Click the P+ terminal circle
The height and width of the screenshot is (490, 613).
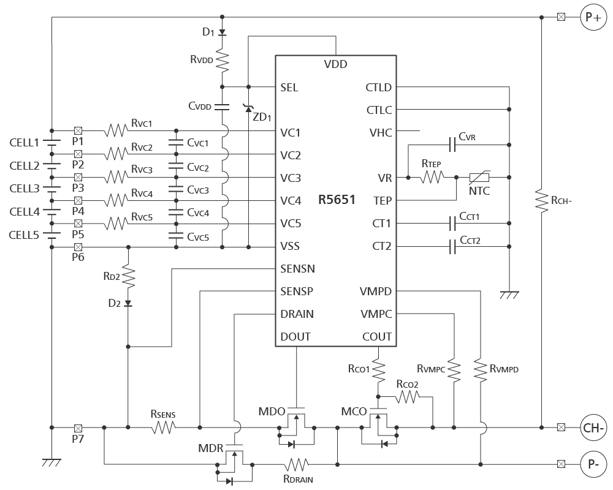(593, 17)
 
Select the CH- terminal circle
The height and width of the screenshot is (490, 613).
(593, 428)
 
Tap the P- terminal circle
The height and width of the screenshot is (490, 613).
(593, 465)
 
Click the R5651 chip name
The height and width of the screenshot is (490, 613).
(337, 200)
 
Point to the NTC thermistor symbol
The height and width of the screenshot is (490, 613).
(479, 178)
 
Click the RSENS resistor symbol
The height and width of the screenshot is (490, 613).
(164, 428)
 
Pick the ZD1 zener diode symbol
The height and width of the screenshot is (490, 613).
(248, 108)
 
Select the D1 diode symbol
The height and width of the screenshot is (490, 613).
(222, 32)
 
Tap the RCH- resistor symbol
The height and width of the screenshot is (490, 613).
(541, 202)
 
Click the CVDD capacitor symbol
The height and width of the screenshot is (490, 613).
(222, 107)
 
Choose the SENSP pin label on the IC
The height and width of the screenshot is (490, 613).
(297, 292)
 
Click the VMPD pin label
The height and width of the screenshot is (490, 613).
(376, 292)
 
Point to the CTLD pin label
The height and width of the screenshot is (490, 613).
(378, 88)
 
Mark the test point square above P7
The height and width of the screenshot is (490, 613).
(78, 428)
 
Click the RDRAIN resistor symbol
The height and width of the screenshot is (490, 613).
(296, 465)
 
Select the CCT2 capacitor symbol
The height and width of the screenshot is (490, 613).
(452, 247)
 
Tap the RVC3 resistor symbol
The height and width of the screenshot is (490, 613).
(116, 178)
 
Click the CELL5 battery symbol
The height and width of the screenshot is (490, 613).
(51, 235)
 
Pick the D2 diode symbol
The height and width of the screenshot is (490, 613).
(128, 303)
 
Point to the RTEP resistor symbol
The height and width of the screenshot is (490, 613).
(432, 178)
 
